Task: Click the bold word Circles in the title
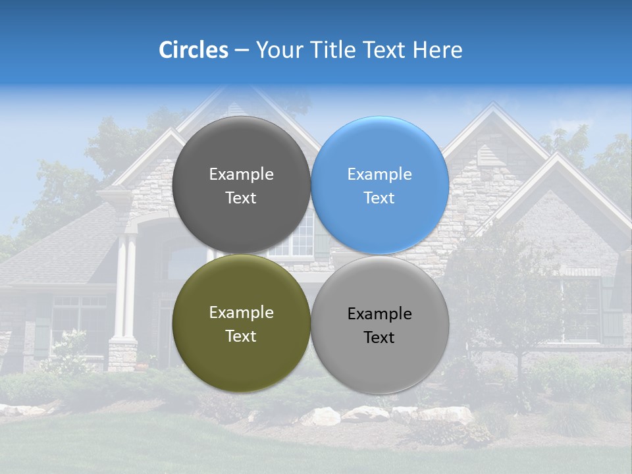pyautogui.click(x=194, y=50)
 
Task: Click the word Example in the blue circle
pyautogui.click(x=380, y=174)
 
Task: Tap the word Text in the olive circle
pyautogui.click(x=241, y=336)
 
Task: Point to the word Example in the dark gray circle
pyautogui.click(x=241, y=174)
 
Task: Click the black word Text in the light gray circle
pyautogui.click(x=379, y=338)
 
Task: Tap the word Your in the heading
pyautogui.click(x=276, y=50)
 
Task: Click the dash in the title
pyautogui.click(x=242, y=51)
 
